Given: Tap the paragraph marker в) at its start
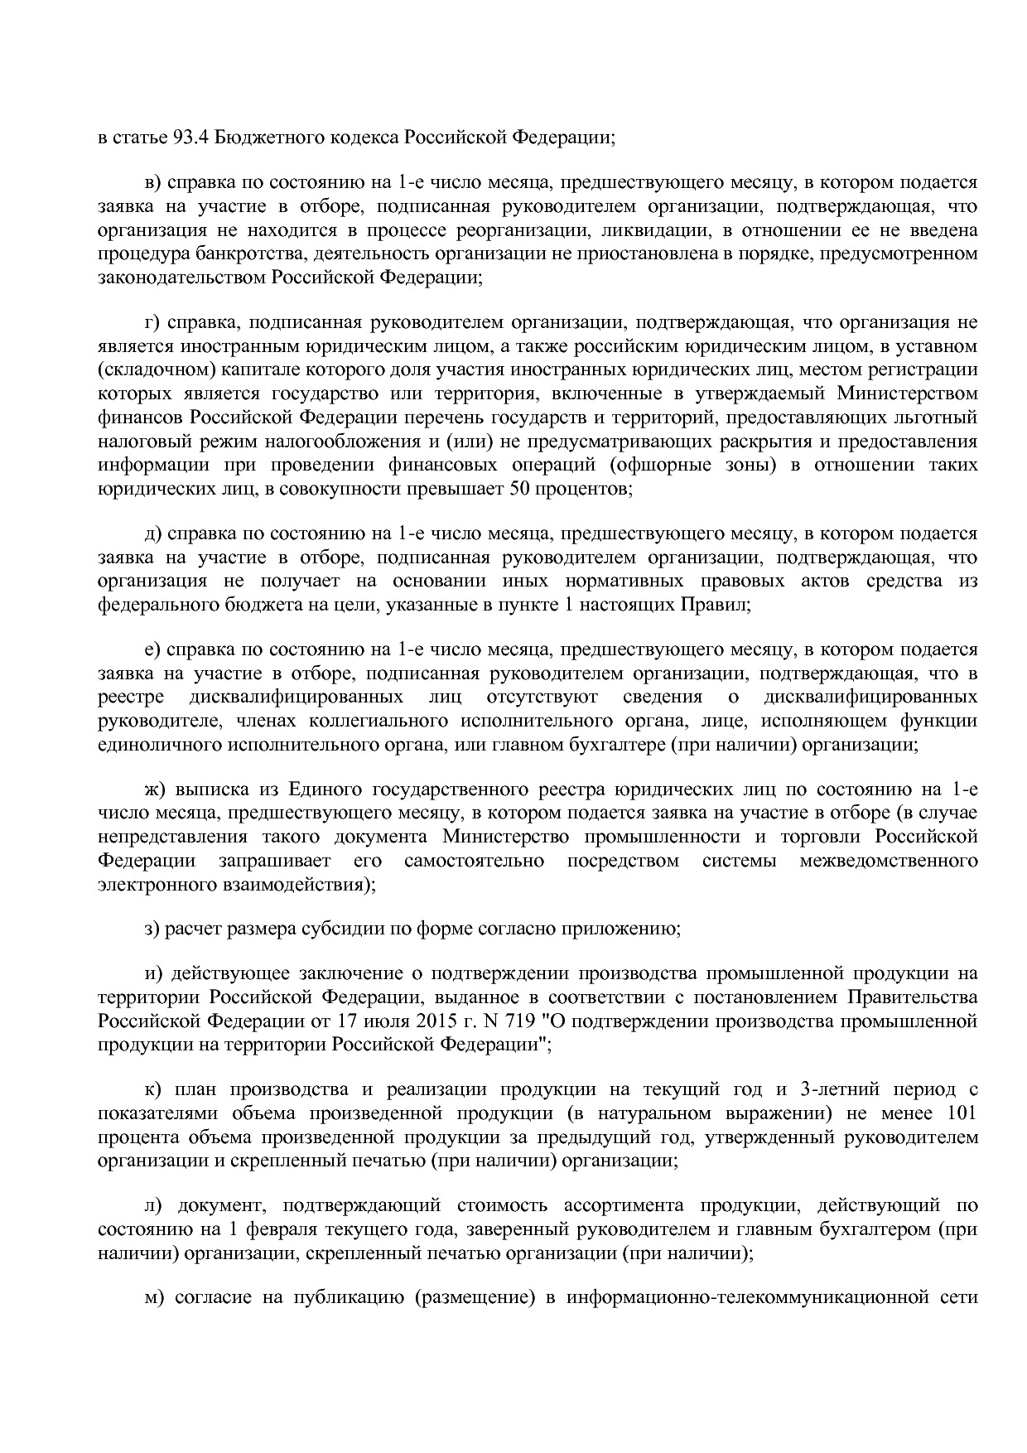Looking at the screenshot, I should tap(155, 182).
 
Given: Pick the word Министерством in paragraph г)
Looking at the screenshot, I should tap(907, 393).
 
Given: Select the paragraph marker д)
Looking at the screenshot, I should tap(154, 533).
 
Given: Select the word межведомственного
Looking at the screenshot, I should tap(889, 860).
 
